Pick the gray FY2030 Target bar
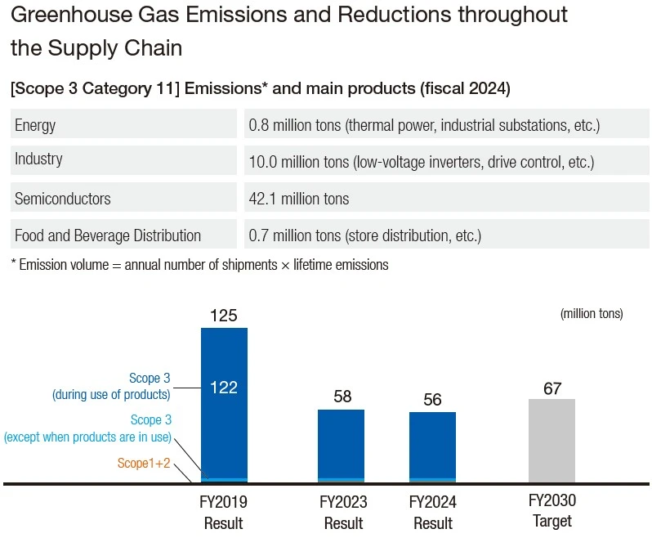[x=552, y=442]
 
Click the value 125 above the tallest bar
[x=223, y=316]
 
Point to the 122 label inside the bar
[x=223, y=387]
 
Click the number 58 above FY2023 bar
[x=342, y=397]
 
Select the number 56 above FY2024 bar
[x=433, y=400]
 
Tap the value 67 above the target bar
[x=552, y=388]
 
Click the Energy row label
[x=35, y=125]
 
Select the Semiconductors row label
[x=62, y=199]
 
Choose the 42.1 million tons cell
[x=298, y=199]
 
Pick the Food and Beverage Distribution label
[x=108, y=235]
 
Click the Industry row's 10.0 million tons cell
[x=420, y=162]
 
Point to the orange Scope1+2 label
[x=143, y=464]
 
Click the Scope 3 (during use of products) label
[x=111, y=387]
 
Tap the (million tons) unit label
[x=592, y=314]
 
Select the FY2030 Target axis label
[x=552, y=511]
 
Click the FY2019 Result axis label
[x=223, y=512]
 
